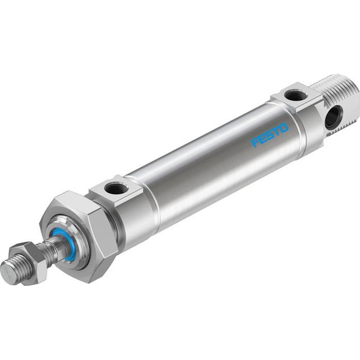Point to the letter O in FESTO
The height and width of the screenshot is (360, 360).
(284, 128)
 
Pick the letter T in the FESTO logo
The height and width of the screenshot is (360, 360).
(276, 131)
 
